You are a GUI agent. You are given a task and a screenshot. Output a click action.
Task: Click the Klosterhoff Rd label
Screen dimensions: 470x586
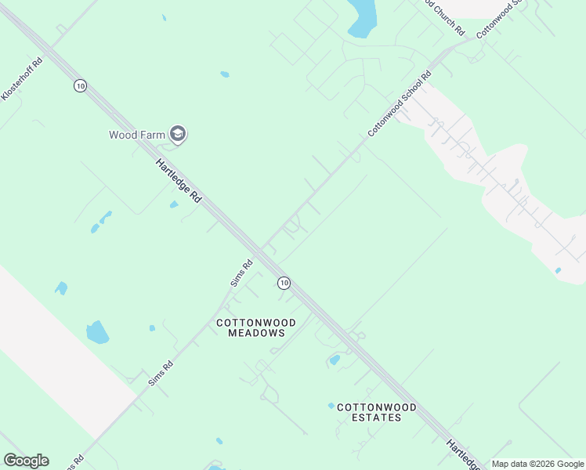[20, 79]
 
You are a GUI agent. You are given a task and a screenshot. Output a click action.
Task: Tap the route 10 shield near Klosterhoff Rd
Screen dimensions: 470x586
[80, 85]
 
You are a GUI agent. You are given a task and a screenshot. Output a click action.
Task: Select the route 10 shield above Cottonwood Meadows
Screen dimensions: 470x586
[284, 282]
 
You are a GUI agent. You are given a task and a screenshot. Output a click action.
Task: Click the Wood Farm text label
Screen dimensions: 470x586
[137, 135]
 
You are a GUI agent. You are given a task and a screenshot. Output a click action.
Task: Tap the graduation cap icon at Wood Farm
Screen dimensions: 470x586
[178, 135]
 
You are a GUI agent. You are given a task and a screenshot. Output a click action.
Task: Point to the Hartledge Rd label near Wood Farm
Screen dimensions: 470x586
[179, 181]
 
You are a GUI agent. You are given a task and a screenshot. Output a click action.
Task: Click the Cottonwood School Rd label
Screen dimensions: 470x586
[400, 105]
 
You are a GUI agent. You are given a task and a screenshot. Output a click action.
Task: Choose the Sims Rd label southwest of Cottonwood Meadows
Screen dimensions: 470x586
[160, 373]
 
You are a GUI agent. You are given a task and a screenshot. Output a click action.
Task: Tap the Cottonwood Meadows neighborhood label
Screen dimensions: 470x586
[255, 327]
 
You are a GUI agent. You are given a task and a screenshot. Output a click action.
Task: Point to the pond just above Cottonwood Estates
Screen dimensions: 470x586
[335, 360]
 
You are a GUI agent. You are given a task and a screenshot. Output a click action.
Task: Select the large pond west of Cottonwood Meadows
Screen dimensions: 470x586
[97, 332]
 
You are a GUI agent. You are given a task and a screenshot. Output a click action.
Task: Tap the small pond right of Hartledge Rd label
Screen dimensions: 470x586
[174, 205]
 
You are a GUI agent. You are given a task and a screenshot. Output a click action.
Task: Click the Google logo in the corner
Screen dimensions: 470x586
[26, 461]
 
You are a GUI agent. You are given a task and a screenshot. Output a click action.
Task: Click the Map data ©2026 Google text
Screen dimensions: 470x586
[537, 464]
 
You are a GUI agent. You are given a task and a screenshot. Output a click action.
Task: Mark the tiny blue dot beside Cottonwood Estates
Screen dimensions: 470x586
[331, 406]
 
